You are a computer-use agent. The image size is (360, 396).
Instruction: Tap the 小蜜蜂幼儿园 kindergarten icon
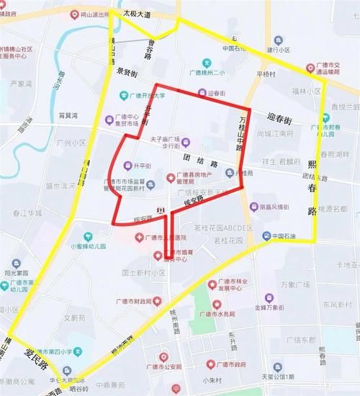tap(89, 235)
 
